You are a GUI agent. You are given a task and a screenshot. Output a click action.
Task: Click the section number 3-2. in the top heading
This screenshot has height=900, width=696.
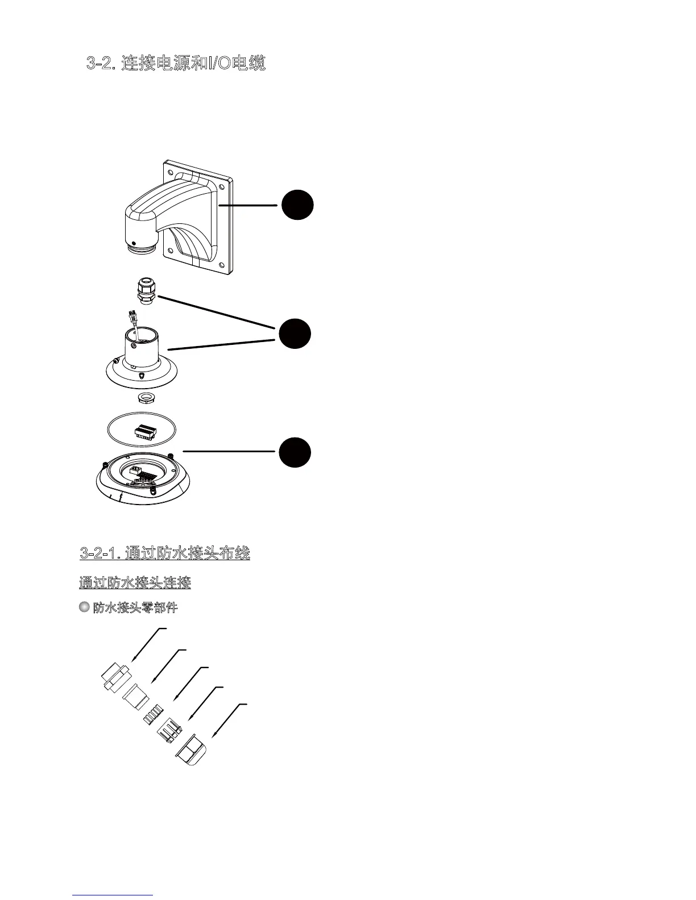(x=102, y=64)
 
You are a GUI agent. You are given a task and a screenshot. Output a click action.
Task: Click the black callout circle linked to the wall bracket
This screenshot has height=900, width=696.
(x=297, y=205)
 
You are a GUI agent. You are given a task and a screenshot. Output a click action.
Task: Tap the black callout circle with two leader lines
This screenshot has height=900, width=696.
(x=295, y=334)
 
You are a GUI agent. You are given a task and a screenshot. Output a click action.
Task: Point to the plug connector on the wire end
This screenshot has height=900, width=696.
(x=132, y=314)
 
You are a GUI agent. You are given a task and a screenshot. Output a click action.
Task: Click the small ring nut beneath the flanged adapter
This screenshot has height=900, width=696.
(x=147, y=395)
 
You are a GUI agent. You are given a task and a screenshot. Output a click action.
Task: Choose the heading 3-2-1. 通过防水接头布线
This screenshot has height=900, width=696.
(x=165, y=553)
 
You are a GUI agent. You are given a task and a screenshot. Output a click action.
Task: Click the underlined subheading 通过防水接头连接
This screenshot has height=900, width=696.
(x=135, y=583)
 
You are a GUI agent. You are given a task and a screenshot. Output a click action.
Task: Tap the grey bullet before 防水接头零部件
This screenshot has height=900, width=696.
(x=84, y=607)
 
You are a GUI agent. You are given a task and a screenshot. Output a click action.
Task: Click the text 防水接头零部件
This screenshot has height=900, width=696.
(x=135, y=608)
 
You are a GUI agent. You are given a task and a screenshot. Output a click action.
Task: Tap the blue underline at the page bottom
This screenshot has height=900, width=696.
(x=113, y=895)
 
